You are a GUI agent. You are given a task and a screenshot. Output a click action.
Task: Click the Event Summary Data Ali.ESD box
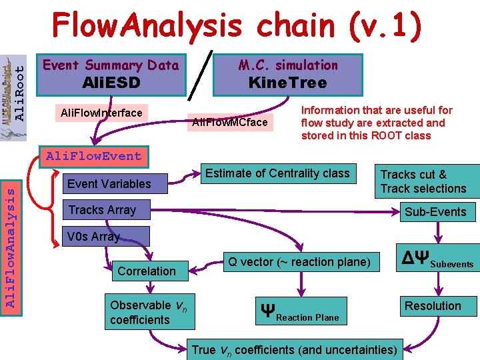(x=111, y=74)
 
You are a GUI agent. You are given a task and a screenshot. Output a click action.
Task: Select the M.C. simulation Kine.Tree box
(x=287, y=74)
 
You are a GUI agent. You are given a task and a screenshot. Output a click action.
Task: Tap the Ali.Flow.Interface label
(x=101, y=113)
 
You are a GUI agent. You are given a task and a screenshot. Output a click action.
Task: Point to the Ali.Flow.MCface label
(x=230, y=122)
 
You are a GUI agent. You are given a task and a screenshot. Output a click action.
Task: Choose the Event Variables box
(x=109, y=184)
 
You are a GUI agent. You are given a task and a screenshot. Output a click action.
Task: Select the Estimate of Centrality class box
(x=277, y=173)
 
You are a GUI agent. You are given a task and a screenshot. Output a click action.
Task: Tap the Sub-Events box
(x=435, y=212)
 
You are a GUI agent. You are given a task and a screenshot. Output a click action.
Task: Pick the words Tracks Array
(x=102, y=210)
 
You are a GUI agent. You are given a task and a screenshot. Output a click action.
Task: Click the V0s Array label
(x=93, y=237)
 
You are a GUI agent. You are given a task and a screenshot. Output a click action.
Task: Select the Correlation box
(x=147, y=271)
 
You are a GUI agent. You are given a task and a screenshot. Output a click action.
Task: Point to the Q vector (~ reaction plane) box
(x=299, y=262)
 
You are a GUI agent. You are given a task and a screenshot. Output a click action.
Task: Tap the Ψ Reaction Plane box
(x=301, y=313)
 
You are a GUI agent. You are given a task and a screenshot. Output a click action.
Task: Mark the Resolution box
(x=433, y=306)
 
